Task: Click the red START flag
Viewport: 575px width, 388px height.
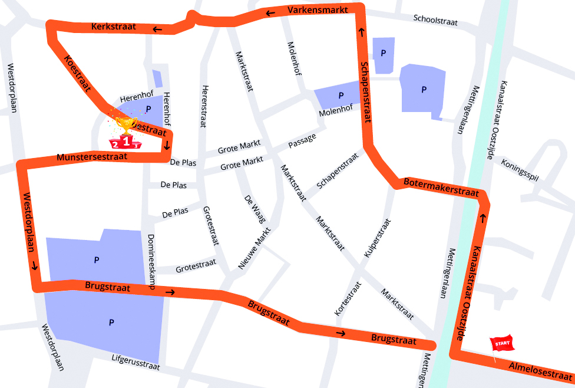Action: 501,343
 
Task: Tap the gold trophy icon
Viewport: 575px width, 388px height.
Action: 125,125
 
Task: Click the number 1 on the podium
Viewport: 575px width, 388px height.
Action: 125,142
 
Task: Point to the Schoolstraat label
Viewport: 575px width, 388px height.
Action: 435,20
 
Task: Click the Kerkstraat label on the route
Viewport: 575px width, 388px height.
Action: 114,27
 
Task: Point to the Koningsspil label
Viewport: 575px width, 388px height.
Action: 520,171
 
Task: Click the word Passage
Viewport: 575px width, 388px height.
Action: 302,141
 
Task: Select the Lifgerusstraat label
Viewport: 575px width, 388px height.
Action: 136,362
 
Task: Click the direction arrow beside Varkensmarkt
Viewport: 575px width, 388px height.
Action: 270,14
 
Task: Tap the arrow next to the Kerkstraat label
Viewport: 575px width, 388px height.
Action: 157,29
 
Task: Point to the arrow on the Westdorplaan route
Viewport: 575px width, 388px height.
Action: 35,266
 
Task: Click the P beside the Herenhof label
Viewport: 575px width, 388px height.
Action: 148,108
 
